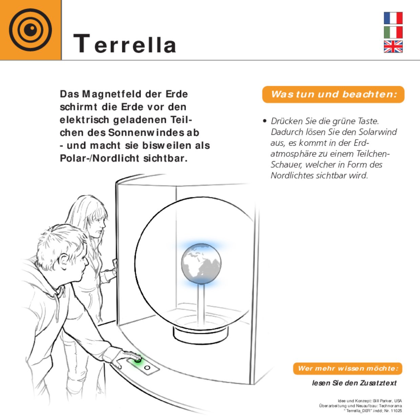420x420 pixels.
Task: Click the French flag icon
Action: click(393, 18)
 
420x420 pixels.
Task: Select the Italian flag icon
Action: click(393, 33)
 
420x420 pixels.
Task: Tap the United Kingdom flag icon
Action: click(393, 47)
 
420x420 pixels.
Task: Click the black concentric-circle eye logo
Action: click(30, 30)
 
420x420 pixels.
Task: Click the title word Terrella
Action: click(125, 44)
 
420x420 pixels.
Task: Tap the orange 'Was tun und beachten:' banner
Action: click(333, 94)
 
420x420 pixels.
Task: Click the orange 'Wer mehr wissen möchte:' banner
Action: click(348, 369)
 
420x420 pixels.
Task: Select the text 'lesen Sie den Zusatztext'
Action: click(354, 383)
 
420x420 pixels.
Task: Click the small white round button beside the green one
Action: click(147, 367)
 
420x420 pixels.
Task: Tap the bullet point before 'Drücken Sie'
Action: click(265, 121)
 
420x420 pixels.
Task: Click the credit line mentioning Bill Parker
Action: click(370, 401)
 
